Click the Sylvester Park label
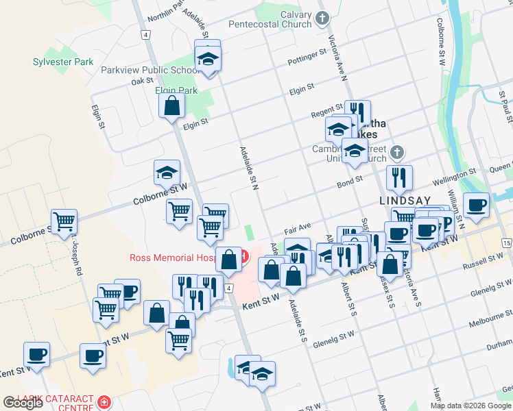(x=63, y=62)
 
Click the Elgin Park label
(x=176, y=90)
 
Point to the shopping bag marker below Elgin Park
(x=171, y=106)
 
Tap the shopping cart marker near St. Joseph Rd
(x=64, y=221)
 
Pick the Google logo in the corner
(x=23, y=403)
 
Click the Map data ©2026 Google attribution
(x=470, y=406)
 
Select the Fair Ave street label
(x=299, y=225)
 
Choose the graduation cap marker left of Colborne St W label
(x=167, y=173)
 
